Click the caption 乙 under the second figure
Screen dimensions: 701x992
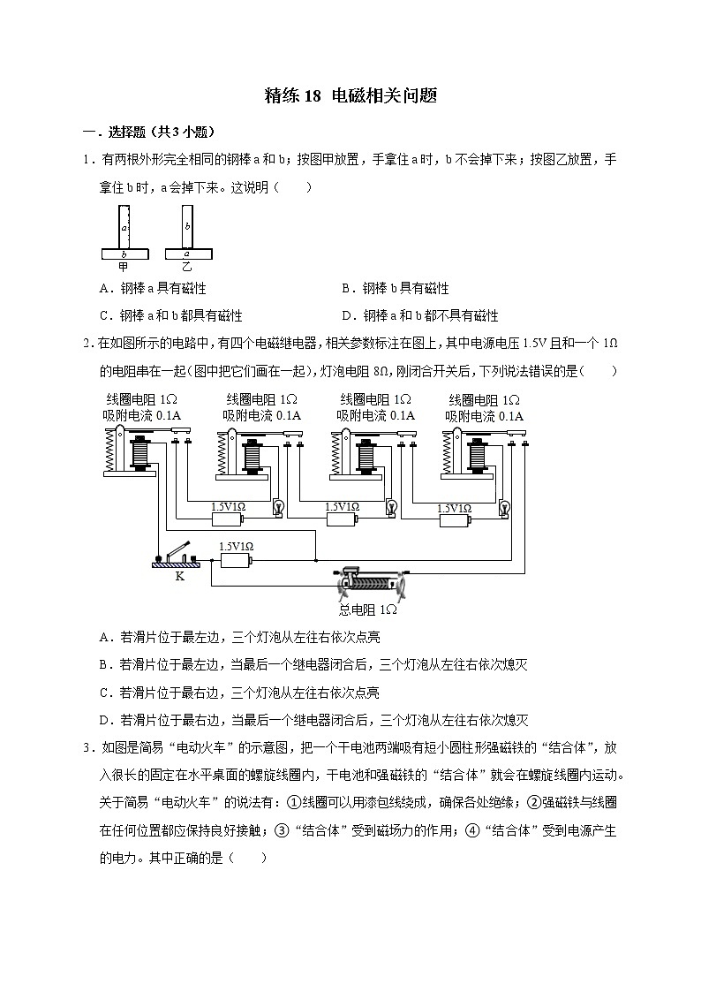click(x=186, y=266)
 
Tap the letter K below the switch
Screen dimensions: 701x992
click(x=179, y=576)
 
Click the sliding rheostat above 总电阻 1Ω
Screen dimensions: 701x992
click(x=369, y=584)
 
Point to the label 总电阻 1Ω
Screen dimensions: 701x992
click(x=368, y=610)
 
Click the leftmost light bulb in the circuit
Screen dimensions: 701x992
click(x=279, y=507)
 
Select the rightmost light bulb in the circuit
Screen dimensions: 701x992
click(x=504, y=507)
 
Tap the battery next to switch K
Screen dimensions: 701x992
click(x=236, y=559)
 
